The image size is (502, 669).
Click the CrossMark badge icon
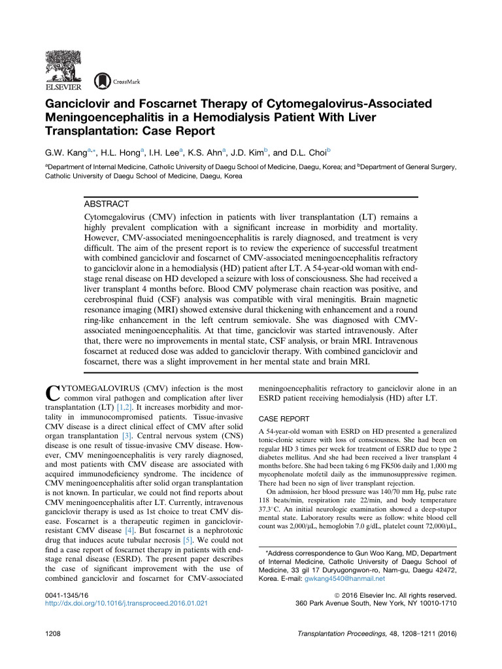[103, 80]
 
